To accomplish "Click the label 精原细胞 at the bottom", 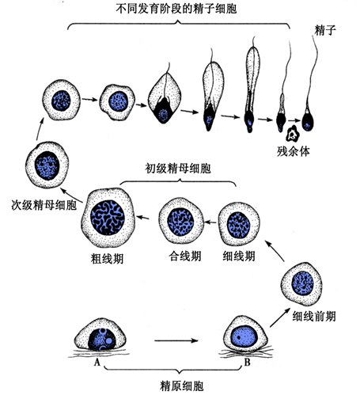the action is coord(182,386).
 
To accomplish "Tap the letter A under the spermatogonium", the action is coord(97,363).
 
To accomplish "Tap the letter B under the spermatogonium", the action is coord(247,362).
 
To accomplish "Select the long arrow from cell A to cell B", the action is coord(176,340).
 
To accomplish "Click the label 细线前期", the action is coord(314,316).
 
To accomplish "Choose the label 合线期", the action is coord(185,256).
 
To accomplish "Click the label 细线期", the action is coord(239,256).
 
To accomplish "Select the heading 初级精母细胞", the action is coord(178,169).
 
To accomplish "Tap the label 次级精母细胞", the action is coord(44,205).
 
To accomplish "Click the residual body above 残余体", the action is coord(292,134).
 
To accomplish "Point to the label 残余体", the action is coord(293,151).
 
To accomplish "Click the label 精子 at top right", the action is coord(325,30).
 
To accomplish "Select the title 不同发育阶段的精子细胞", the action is coord(176,9).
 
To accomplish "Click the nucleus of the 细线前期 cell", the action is coord(302,283).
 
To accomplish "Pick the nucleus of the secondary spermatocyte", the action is coord(47,165).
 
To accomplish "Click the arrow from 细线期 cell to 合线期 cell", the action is coord(210,222).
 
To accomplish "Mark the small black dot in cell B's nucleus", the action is coord(238,337).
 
